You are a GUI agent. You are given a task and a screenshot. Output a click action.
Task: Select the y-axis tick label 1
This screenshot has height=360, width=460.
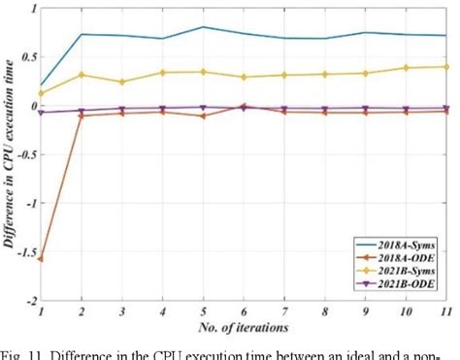[31, 9]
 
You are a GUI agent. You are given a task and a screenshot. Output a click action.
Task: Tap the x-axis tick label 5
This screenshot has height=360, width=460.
[203, 311]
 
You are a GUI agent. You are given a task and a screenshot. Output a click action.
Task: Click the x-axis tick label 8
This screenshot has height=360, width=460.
[324, 311]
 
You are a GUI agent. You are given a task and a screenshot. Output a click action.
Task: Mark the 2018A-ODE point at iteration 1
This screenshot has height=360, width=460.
[41, 259]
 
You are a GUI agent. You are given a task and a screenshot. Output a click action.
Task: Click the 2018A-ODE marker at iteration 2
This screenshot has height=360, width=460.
[82, 115]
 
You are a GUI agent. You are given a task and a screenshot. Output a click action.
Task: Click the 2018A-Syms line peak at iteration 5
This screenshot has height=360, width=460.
[203, 27]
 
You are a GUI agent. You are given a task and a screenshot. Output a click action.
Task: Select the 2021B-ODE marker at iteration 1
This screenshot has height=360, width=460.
[41, 113]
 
